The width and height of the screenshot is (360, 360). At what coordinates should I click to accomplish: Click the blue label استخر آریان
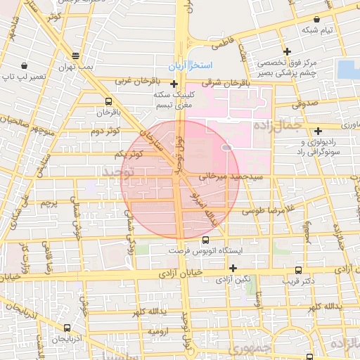[191, 66]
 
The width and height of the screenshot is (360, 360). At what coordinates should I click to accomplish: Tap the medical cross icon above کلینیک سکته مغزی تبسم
[174, 84]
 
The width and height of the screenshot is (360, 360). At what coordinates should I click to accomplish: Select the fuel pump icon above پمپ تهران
[76, 56]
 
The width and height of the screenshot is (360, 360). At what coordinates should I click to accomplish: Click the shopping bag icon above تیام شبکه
[316, 20]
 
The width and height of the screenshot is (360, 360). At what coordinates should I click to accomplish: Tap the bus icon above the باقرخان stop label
[108, 101]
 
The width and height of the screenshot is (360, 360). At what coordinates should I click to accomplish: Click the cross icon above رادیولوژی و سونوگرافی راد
[319, 130]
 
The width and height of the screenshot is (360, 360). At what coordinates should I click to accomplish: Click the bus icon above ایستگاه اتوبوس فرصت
[205, 240]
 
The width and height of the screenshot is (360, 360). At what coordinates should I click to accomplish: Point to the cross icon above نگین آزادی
[232, 268]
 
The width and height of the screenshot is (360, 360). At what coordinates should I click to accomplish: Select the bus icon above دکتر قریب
[299, 269]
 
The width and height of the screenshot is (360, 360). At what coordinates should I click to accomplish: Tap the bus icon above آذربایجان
[67, 328]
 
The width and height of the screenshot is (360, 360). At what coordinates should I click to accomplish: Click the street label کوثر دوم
[105, 131]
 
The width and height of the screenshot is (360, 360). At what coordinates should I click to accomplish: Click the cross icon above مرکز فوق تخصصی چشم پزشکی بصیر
[288, 51]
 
